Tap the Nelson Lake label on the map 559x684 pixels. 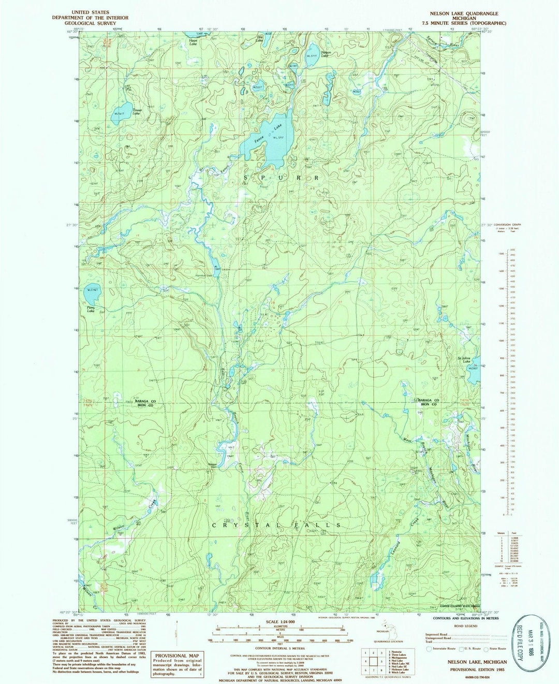click(326, 53)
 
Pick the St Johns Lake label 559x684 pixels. click(467, 358)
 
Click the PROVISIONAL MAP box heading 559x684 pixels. click(177, 655)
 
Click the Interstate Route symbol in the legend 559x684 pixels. click(429, 648)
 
